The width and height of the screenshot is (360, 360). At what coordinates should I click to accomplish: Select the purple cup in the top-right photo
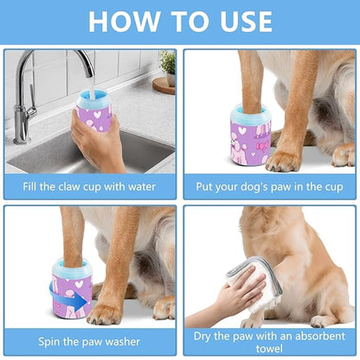click(250, 138)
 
